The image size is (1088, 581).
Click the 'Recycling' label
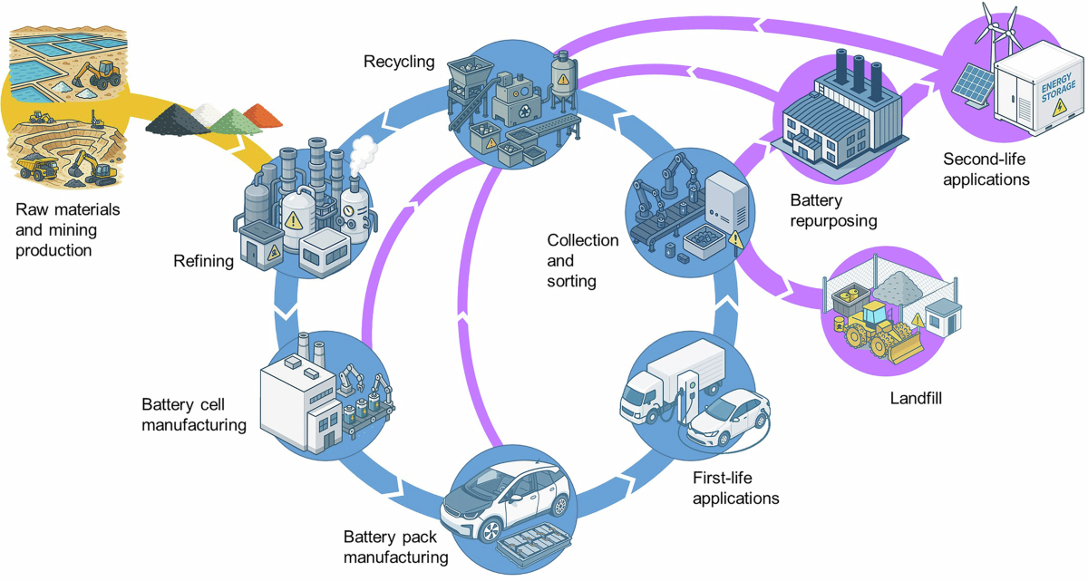399,62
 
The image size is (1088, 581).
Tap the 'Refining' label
203,262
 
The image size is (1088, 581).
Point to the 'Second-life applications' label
986,169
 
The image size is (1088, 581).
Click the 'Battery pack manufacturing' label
395,547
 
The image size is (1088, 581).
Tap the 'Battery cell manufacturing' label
194,413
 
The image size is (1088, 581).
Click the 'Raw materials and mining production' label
67,230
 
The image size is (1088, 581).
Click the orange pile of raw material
264,116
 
